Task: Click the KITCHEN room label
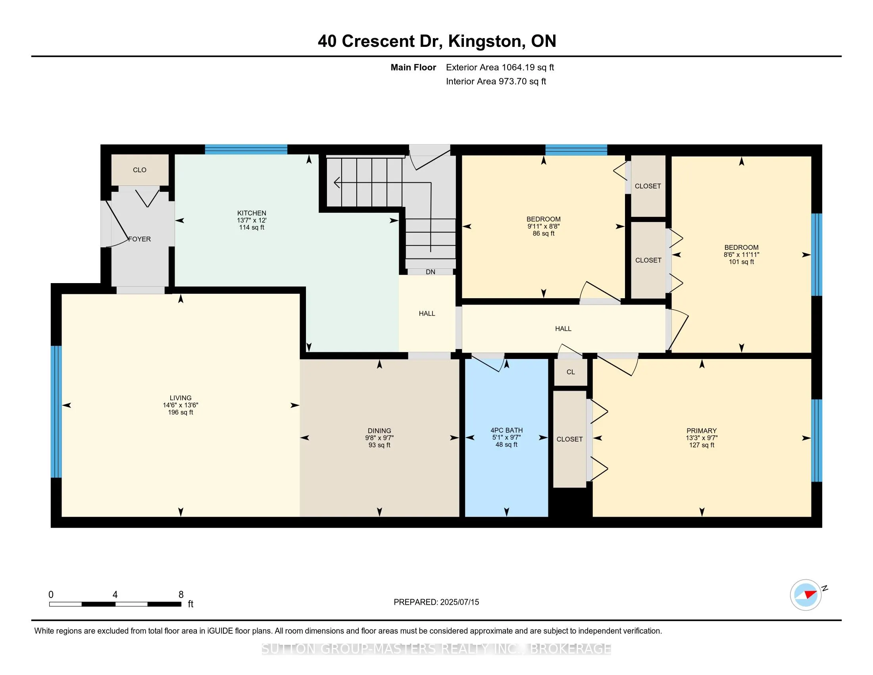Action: coord(252,213)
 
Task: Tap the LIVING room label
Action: coord(180,398)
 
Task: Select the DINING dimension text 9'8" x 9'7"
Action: coord(379,438)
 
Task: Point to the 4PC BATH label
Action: coord(506,430)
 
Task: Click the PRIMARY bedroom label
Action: coord(702,431)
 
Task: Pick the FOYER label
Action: coord(140,239)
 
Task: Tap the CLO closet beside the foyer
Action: coord(140,170)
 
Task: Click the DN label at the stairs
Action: coord(431,272)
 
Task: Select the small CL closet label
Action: coord(570,372)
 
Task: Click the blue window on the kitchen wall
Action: coord(246,150)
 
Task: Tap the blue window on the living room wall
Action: coord(56,411)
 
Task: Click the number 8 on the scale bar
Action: coord(181,595)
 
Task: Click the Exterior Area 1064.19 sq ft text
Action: coord(500,67)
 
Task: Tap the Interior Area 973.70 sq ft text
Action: coord(496,81)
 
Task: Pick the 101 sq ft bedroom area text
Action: coord(741,262)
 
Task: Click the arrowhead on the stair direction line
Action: coord(337,183)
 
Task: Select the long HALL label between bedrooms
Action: coord(563,329)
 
